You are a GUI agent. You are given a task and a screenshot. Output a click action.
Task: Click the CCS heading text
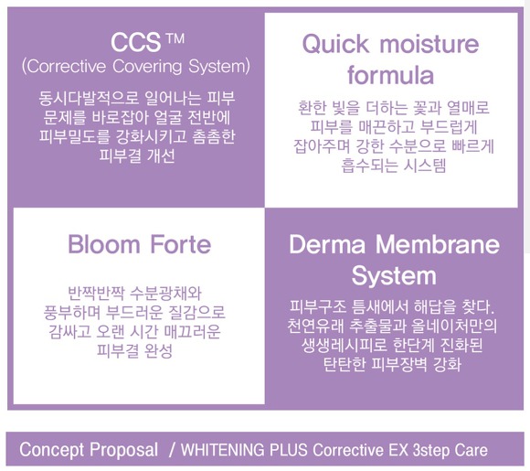point(135,42)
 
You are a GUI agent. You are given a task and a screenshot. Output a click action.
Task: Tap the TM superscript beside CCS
point(175,38)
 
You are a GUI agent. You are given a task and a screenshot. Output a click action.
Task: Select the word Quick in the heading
point(335,44)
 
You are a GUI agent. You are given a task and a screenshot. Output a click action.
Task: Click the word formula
point(391,75)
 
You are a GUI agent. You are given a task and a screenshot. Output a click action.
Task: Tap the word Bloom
point(104,244)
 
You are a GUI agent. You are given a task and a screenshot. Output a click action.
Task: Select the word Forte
point(181,244)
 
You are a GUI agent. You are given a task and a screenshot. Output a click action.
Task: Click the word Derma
point(327,244)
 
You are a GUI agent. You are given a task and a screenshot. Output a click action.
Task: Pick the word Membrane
point(438,244)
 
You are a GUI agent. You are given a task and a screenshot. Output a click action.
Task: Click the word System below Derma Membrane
point(394,276)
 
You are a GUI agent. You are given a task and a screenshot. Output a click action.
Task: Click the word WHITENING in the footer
point(223,450)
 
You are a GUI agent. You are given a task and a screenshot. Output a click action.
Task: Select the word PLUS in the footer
point(289,450)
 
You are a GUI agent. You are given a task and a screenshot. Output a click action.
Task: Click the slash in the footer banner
point(173,450)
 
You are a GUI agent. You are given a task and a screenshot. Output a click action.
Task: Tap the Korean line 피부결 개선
point(137,156)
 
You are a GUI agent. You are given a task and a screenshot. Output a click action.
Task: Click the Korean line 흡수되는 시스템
point(394,166)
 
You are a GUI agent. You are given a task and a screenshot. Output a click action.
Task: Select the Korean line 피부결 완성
point(135,350)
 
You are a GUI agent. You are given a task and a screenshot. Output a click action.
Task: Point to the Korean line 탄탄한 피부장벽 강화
point(392,364)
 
